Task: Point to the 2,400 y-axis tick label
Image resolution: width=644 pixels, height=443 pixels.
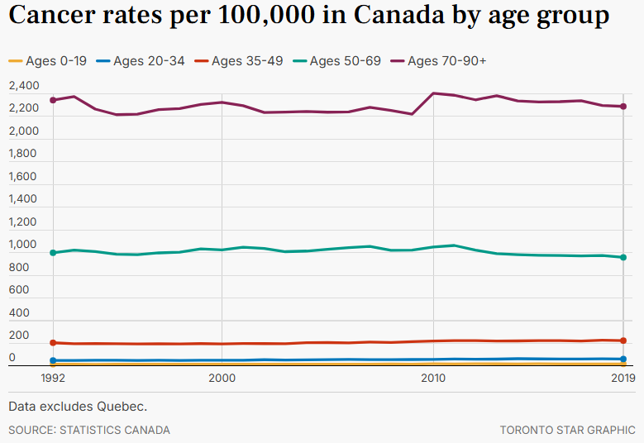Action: tap(24, 86)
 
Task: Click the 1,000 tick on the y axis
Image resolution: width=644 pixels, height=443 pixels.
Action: tap(24, 245)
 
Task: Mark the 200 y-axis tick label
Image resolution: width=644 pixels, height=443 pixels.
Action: tap(18, 336)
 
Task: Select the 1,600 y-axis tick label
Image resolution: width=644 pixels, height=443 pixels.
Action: tap(24, 177)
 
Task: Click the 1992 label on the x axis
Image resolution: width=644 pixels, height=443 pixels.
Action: tap(53, 378)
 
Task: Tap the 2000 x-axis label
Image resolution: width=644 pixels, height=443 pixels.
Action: tap(222, 378)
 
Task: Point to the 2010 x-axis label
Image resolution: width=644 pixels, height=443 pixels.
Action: tap(433, 378)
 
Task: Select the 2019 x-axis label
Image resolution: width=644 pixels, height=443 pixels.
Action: tap(622, 378)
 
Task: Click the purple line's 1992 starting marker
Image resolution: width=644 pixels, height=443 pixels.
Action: tap(53, 100)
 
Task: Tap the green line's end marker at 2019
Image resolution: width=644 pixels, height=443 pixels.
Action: tap(623, 257)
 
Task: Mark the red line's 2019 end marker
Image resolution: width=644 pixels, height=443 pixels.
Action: tap(623, 341)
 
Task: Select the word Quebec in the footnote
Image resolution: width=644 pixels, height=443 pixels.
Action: tap(122, 407)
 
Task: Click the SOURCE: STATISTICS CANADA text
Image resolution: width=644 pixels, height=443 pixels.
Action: tap(89, 430)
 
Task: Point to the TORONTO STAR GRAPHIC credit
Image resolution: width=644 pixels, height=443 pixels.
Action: tap(567, 430)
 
